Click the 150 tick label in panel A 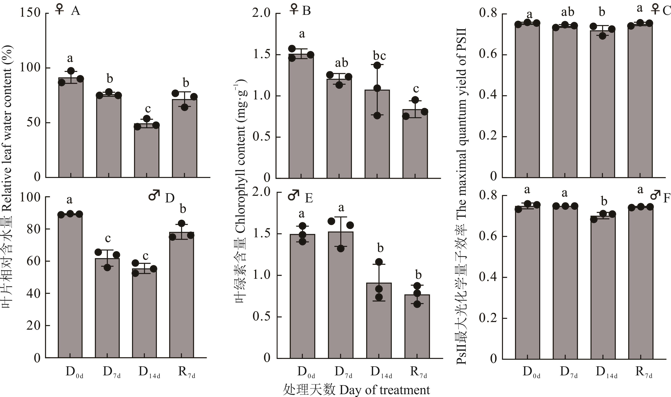tap(30, 13)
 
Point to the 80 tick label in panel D tap(33, 229)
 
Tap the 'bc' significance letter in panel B tap(379, 56)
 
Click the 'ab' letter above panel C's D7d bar tap(567, 12)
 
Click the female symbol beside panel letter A tap(59, 10)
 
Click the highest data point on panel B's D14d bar tap(377, 65)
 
